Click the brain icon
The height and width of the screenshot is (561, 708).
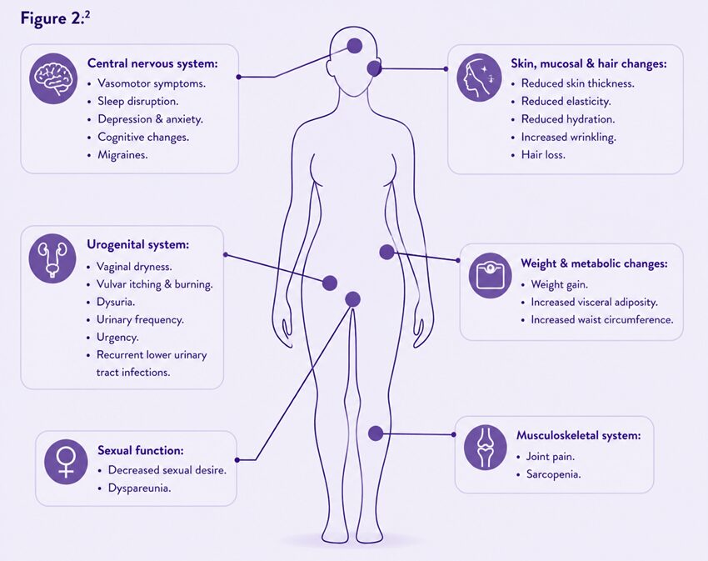pos(53,78)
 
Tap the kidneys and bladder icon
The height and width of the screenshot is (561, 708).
pos(52,258)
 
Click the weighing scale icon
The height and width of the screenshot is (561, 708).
pos(490,275)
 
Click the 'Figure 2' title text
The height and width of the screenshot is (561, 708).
pos(55,18)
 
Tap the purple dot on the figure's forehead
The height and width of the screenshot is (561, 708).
pos(355,45)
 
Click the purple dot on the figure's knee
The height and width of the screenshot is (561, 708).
pos(375,433)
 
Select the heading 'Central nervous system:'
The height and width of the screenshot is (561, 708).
pos(152,63)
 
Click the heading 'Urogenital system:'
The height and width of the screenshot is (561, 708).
pos(137,244)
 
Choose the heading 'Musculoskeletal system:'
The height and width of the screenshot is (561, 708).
pos(579,435)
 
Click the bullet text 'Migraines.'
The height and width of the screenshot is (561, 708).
pos(122,155)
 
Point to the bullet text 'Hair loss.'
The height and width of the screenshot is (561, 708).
pos(543,155)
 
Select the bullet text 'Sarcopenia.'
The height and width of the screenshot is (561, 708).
pos(554,474)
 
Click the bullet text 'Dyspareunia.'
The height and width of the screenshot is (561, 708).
pos(140,488)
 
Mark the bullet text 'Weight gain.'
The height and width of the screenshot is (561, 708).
pos(560,285)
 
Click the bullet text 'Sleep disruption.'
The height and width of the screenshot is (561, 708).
pos(138,101)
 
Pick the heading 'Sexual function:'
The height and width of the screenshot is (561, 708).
pos(141,450)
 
